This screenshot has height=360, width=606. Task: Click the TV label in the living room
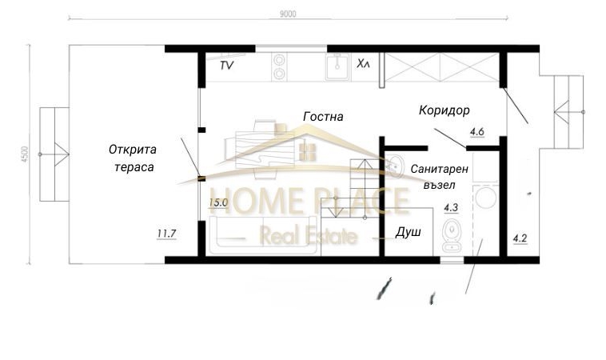(226, 66)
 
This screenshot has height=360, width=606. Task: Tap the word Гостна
(323, 117)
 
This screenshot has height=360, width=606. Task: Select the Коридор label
(444, 110)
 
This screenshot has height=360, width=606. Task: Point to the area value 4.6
(478, 130)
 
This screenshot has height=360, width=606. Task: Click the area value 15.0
(218, 203)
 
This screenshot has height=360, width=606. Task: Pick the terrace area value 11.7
(166, 234)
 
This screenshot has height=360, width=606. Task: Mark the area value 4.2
(519, 238)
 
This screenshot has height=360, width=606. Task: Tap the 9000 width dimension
(289, 14)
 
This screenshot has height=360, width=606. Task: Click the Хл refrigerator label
(363, 63)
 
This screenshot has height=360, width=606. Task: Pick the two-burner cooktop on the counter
(280, 66)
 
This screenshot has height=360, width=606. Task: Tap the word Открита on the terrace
(134, 150)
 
